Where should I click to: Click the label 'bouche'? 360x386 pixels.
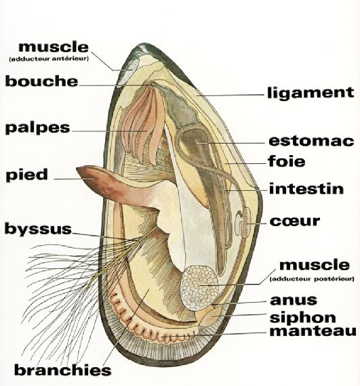(41, 81)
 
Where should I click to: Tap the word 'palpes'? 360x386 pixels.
(38, 128)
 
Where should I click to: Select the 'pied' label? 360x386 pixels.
(26, 175)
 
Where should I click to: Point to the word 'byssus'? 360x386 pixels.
(38, 229)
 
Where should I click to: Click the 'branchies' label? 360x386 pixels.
(63, 370)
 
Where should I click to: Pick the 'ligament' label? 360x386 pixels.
(311, 93)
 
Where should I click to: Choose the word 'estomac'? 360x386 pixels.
(311, 141)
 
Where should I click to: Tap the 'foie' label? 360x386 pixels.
(287, 161)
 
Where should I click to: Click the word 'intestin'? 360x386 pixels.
(306, 189)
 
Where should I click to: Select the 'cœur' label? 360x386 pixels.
(295, 221)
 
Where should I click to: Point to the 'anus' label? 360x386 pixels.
(294, 300)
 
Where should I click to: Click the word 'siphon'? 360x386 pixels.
(303, 318)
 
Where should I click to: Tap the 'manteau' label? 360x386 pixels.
(313, 331)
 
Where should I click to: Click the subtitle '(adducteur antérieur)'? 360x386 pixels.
(49, 59)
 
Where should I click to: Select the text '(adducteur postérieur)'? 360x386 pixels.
(312, 279)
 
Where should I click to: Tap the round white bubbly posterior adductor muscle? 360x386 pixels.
(199, 288)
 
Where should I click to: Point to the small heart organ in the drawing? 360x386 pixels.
(243, 222)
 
